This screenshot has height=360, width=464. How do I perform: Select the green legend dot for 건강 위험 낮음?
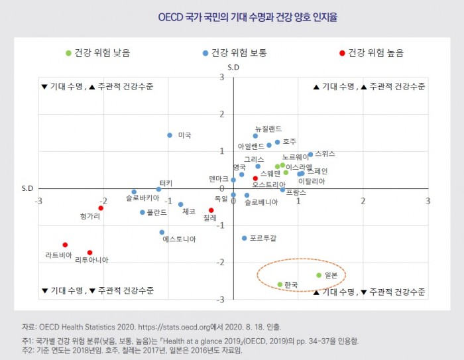pos(68,52)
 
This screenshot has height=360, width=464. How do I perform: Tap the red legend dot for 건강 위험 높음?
pos(341,52)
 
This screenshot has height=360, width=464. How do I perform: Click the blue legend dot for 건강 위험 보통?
pos(205,52)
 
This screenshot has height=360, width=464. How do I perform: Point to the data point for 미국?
pos(170,135)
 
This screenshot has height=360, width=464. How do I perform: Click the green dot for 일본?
pos(319,275)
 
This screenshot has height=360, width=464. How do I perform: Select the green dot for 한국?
pos(280,284)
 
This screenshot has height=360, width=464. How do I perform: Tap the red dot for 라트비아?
pos(65,245)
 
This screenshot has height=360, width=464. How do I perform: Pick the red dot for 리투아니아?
pos(89,253)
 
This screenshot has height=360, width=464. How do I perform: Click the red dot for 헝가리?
pos(101,208)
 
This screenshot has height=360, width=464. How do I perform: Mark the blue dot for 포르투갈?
pos(244,238)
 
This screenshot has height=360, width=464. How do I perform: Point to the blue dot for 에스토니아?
pos(162,232)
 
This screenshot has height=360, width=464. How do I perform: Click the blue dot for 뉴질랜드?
pos(255,136)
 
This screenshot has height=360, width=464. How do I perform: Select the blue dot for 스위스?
pos(310,154)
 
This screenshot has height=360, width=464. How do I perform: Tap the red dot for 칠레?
pos(211,210)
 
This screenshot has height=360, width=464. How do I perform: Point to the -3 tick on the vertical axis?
pos(221,300)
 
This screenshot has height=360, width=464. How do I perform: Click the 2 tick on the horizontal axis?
pos(363,200)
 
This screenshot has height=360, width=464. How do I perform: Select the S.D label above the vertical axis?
pos(233,68)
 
